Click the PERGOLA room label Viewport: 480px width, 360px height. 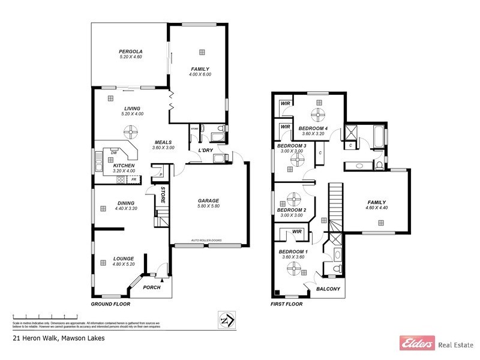click(130, 52)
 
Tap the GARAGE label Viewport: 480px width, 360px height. click(208, 200)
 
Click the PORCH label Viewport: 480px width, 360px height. click(151, 287)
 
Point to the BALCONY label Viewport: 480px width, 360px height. click(328, 289)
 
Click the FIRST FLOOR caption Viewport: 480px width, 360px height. click(287, 304)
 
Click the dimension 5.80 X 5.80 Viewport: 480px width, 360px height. click(208, 206)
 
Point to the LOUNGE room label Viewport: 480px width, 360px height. click(123, 259)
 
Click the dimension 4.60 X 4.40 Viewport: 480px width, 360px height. click(377, 208)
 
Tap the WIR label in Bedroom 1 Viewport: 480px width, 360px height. click(296, 231)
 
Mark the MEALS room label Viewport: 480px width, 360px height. click(163, 142)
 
